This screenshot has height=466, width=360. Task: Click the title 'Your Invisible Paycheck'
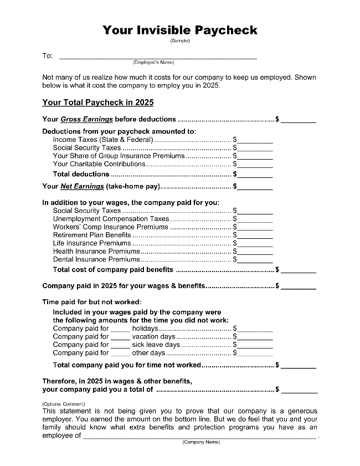point(180,30)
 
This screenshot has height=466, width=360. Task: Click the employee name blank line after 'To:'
point(158,57)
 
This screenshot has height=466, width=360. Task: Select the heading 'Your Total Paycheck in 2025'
point(97,103)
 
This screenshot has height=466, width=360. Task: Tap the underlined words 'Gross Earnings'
point(86,119)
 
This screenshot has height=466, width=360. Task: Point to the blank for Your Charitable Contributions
point(255,165)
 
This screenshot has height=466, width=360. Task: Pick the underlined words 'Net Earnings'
point(82,187)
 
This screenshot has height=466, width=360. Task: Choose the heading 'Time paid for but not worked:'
point(92,302)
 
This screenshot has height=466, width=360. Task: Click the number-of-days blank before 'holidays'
point(120,330)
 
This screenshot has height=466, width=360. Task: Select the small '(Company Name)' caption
point(201,442)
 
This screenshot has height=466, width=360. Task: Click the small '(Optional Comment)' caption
point(64,404)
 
